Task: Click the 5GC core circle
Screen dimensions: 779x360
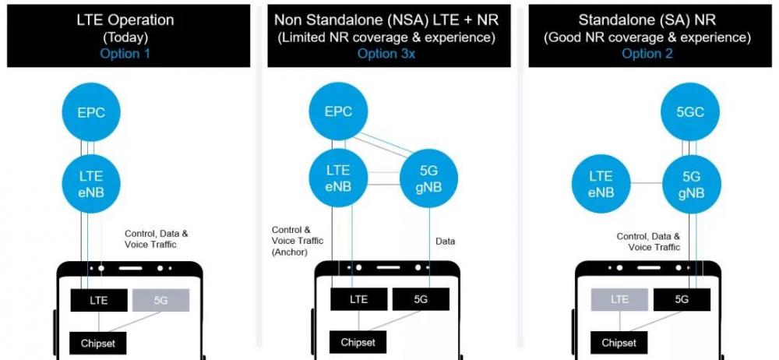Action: (690, 112)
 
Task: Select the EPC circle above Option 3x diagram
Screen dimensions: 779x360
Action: (338, 111)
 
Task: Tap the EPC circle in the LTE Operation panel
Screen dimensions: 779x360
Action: (91, 112)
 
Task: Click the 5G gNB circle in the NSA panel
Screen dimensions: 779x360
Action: (428, 179)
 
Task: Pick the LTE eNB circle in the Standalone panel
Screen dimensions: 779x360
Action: (601, 184)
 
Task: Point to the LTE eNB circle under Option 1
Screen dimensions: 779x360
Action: (91, 184)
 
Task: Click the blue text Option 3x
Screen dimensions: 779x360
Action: (386, 54)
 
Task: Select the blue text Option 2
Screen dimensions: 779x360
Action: (647, 54)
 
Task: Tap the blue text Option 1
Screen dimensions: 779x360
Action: (125, 54)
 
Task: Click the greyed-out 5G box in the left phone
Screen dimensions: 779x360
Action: (160, 300)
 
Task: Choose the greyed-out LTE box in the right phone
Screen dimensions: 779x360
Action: (619, 299)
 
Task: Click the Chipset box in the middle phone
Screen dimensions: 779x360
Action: (358, 343)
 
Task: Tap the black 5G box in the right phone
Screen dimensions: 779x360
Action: (682, 299)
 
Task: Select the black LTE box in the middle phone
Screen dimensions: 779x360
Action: (358, 299)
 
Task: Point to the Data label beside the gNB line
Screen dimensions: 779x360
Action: (445, 242)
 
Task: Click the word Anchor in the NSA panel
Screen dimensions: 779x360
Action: (290, 252)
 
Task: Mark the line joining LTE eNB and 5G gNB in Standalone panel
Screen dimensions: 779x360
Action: (646, 183)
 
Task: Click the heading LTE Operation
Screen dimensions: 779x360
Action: (125, 20)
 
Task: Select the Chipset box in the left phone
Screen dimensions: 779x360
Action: (98, 343)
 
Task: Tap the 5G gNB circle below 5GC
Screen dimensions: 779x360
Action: (690, 184)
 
